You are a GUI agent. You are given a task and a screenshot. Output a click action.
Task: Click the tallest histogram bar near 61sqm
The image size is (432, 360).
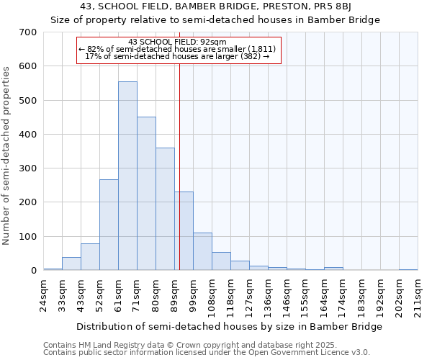[127, 176]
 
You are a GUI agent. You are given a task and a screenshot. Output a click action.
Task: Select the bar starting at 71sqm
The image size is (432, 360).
[146, 194]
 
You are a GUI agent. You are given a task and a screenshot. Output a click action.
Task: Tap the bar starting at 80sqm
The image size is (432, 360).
[165, 210]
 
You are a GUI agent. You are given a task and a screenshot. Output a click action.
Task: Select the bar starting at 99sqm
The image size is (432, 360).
[202, 252]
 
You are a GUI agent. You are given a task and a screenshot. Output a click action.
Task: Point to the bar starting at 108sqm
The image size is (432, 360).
[221, 261]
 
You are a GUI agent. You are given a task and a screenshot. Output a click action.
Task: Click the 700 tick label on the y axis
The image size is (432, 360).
[28, 32]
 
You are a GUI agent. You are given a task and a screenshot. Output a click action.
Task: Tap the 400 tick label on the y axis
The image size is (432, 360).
[28, 135]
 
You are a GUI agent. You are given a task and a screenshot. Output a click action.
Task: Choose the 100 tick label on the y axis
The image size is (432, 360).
[28, 237]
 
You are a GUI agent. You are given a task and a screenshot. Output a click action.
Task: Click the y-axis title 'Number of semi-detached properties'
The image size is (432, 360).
[7, 155]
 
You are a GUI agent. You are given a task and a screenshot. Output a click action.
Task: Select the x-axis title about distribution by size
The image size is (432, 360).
[228, 326]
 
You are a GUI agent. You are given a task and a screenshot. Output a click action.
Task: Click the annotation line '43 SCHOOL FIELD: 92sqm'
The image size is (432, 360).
[177, 42]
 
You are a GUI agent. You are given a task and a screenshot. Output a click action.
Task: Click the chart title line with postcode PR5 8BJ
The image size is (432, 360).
[215, 6]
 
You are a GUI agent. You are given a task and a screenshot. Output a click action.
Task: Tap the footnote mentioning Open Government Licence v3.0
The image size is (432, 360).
[206, 353]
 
